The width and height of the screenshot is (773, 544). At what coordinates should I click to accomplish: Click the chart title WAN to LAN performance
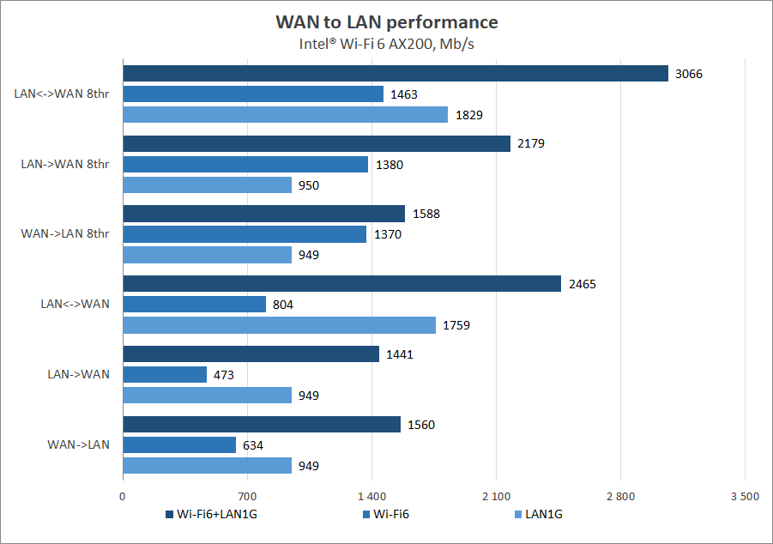click(386, 21)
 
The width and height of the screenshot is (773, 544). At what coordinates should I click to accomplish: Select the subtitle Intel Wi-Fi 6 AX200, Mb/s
click(386, 44)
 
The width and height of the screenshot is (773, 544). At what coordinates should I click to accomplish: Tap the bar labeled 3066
click(396, 74)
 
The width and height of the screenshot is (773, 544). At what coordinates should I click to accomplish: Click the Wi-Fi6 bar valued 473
click(165, 374)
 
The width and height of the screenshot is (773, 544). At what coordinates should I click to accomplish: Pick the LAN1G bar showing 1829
click(286, 114)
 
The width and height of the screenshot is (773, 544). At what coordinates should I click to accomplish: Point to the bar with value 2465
click(342, 284)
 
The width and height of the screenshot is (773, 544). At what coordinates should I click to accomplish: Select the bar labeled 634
click(179, 444)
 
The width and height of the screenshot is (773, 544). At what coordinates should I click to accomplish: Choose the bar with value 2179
click(317, 144)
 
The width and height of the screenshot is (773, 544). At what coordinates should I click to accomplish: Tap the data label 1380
click(388, 165)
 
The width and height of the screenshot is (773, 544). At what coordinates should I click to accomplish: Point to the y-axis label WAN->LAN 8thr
click(65, 234)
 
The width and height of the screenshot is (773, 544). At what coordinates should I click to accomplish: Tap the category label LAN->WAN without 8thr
click(78, 374)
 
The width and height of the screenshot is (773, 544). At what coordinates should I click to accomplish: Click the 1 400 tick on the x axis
click(371, 495)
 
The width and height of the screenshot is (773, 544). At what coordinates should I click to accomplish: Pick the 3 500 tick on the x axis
click(744, 495)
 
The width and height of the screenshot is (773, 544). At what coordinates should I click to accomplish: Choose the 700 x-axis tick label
click(247, 495)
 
